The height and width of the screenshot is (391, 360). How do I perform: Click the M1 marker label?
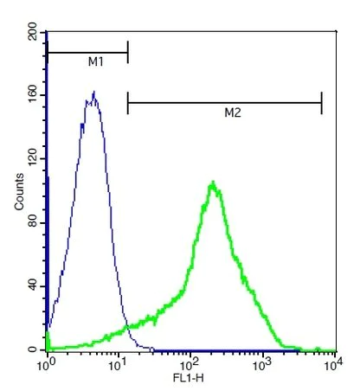pos(96,62)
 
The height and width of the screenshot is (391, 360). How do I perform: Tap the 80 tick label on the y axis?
pos(33,223)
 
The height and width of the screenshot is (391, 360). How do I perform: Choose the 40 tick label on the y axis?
pos(33,285)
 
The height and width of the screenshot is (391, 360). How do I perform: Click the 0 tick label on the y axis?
pos(33,349)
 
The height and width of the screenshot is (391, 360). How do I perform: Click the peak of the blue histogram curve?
pos(93,93)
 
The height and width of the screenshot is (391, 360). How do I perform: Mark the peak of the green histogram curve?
pos(212,182)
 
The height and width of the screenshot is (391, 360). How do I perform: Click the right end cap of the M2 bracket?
pos(321,104)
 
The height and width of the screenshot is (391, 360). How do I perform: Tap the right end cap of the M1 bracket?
pos(127,53)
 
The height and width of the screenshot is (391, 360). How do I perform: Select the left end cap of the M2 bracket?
pos(127,104)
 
